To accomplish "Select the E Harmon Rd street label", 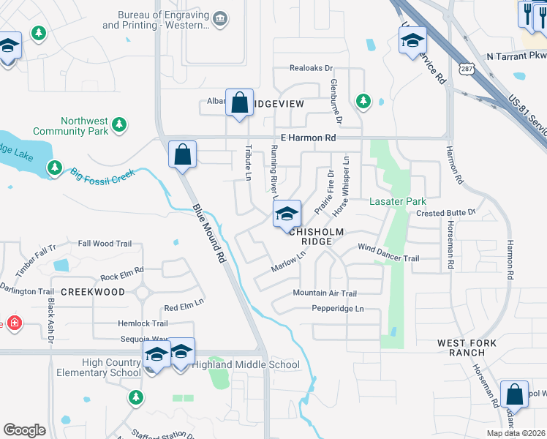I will (308, 138).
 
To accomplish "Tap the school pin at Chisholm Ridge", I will (287, 214).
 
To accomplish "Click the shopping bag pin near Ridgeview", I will (239, 103).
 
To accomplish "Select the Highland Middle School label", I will (245, 364).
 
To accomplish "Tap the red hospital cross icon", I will (13, 323).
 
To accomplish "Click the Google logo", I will (24, 430).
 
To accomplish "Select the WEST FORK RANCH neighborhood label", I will (467, 348).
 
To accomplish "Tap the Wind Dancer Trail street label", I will (388, 258).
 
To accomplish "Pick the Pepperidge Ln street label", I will (338, 309).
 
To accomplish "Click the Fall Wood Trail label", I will (105, 244).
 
